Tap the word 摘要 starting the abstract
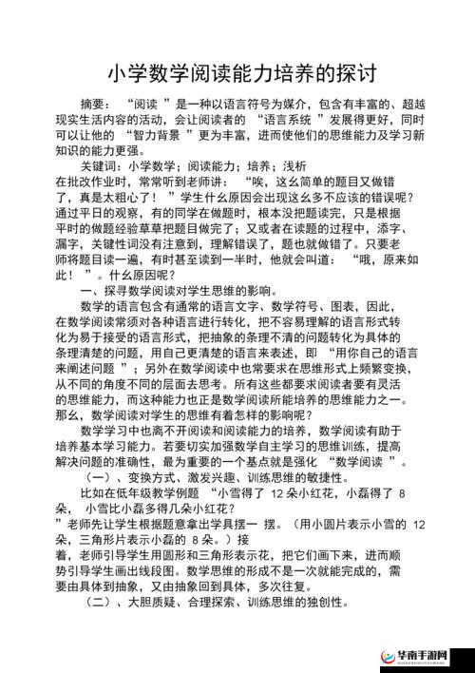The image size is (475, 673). [x=95, y=103]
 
